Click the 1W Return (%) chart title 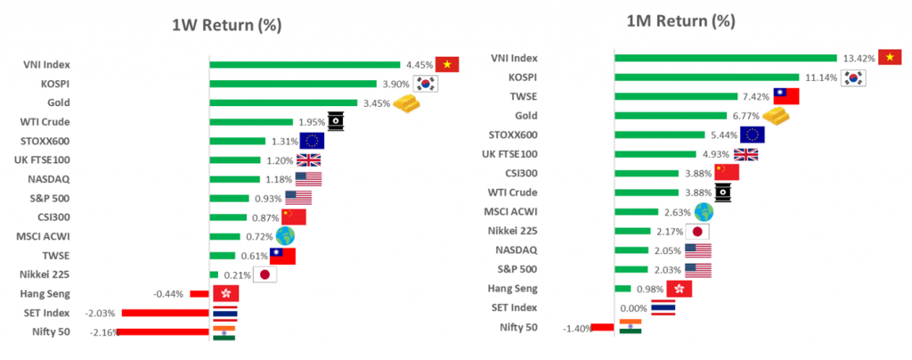point(226,25)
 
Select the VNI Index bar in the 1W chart point(305,64)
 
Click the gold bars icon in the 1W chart point(405,103)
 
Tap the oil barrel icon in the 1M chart point(724,192)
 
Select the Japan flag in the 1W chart point(265,274)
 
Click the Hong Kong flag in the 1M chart point(679,289)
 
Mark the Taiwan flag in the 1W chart point(282,256)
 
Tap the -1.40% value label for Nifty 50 point(575,328)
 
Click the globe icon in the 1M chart point(704,211)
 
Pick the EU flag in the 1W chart point(312,141)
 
